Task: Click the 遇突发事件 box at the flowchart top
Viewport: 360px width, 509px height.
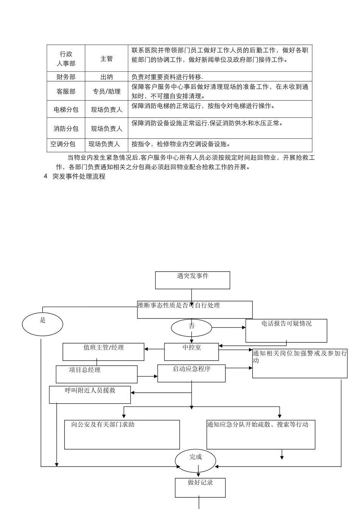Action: [193, 280]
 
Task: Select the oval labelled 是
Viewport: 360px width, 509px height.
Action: [42, 325]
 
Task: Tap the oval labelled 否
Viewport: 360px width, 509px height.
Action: [191, 328]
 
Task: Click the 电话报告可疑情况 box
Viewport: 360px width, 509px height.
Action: [286, 330]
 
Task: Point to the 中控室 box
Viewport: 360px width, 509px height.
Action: [191, 351]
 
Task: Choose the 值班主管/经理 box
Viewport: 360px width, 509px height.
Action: [103, 351]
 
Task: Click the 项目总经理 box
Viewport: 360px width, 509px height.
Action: [97, 374]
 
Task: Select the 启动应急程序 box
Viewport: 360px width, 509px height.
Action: [191, 373]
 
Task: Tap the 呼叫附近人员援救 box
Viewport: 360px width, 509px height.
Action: [90, 394]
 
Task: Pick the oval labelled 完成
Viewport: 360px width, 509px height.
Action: [196, 461]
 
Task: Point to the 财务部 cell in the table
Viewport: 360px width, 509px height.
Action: [66, 77]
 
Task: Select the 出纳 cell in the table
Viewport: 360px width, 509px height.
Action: [106, 77]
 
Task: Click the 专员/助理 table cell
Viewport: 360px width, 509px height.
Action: [106, 92]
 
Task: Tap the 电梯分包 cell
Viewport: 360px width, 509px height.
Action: [66, 110]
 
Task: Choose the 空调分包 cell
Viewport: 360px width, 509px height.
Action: [63, 144]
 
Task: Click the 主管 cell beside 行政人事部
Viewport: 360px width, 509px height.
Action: [106, 59]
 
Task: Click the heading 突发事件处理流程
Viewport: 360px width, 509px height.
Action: [79, 176]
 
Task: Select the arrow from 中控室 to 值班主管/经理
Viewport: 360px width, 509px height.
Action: [154, 349]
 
